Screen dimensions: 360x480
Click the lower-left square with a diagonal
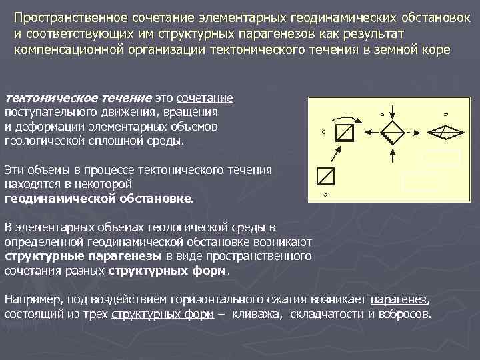[x=327, y=176]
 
